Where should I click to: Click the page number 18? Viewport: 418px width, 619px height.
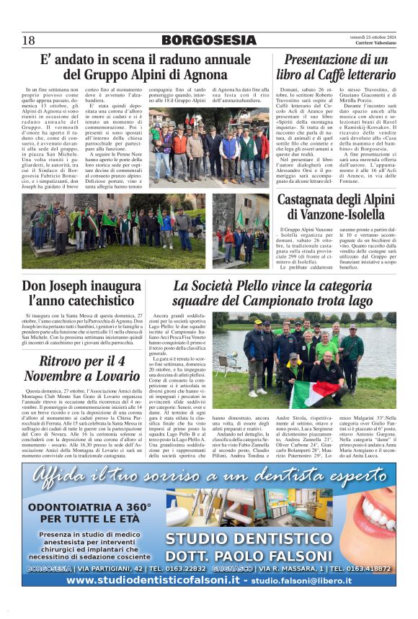28,40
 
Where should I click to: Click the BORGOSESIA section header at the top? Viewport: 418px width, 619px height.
209,40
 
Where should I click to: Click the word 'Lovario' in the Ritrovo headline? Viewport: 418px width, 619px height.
103,376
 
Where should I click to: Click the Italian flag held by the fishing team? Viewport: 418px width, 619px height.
315,392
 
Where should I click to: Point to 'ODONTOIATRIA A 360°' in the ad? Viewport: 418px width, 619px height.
85,507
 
